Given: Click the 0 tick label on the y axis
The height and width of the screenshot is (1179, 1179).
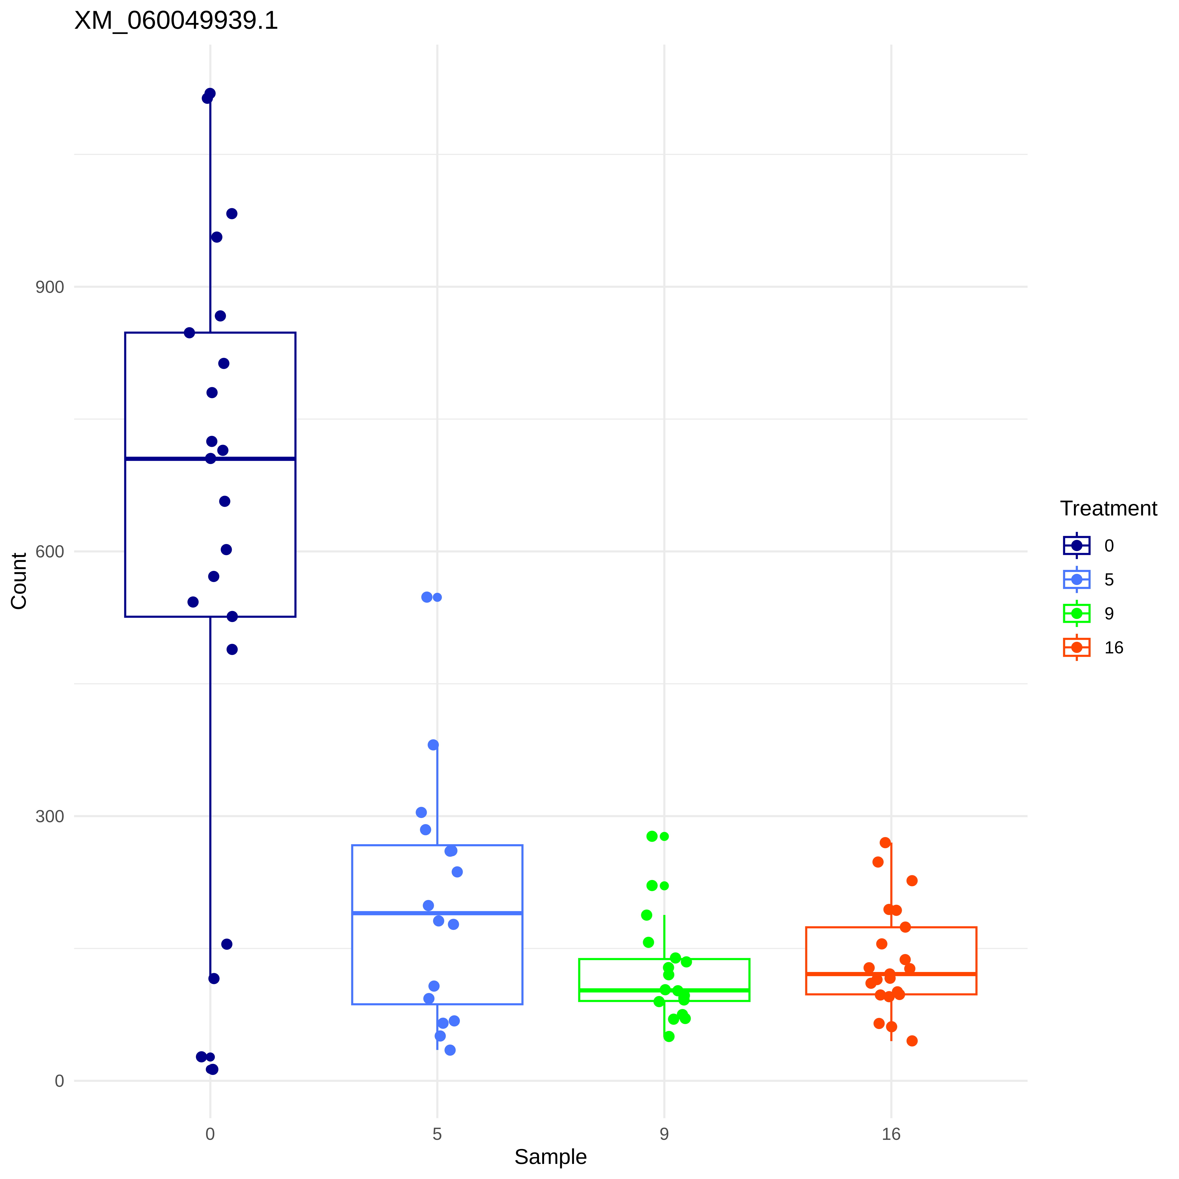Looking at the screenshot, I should coord(59,1081).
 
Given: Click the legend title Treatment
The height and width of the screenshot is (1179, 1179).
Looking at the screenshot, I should coord(1108,508).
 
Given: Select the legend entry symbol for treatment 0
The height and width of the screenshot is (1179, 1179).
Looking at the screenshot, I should coord(1076,545).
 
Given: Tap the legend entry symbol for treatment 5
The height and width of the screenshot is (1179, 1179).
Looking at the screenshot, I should coord(1076,579).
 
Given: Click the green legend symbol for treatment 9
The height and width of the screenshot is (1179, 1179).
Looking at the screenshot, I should coord(1076,613).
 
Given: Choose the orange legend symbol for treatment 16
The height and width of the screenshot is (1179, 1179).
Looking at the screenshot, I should coord(1076,647).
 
